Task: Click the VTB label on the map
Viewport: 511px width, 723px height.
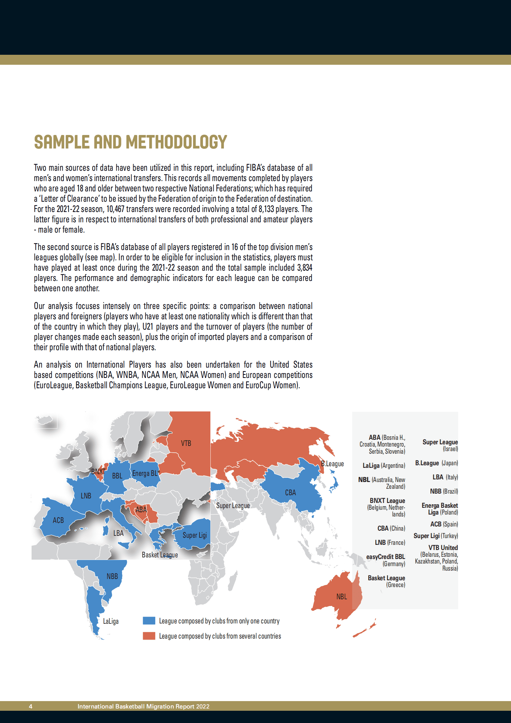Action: (x=186, y=443)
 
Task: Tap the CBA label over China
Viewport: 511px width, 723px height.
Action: (x=290, y=493)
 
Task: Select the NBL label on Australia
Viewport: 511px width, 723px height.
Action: (x=342, y=597)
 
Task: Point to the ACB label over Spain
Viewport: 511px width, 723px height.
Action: (x=58, y=520)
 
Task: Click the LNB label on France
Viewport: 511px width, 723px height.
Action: (x=86, y=496)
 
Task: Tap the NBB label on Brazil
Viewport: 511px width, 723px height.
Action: (x=112, y=576)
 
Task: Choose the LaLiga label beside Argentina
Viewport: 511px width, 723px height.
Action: (x=111, y=621)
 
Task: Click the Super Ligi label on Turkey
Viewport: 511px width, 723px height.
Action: (x=195, y=535)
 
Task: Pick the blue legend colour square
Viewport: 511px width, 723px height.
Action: (x=149, y=621)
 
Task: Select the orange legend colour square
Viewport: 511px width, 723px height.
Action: (x=149, y=636)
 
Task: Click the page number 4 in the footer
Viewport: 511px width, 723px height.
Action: (x=31, y=707)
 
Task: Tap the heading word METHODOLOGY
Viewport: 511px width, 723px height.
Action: (x=176, y=142)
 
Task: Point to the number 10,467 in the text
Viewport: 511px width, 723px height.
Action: (x=115, y=209)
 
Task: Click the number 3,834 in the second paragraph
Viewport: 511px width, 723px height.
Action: (x=304, y=268)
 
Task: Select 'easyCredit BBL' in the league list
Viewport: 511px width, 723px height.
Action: (x=386, y=557)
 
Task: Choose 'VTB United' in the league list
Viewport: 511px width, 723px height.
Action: (x=443, y=548)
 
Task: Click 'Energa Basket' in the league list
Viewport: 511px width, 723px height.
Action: (x=439, y=506)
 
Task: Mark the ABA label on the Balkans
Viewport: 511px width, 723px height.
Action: (x=141, y=510)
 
